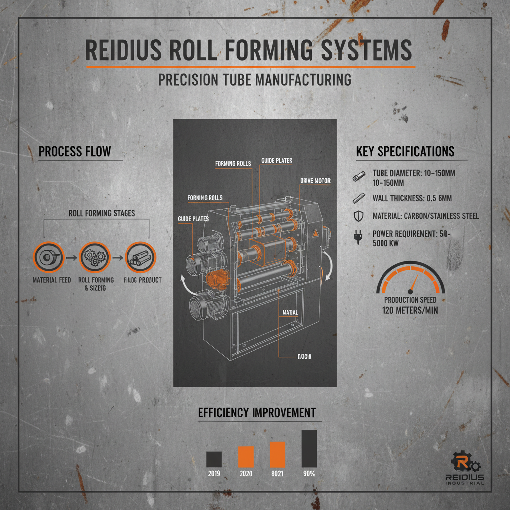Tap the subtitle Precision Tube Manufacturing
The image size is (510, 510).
pos(255,80)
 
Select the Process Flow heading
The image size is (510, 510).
pos(75,151)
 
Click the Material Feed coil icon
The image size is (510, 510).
pos(49,258)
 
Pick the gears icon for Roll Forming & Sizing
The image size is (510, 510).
pos(94,258)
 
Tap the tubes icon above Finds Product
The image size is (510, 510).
pos(140,258)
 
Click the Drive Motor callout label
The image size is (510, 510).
pos(315,180)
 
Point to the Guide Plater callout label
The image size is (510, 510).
pos(277,161)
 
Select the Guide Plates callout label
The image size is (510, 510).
pos(193,219)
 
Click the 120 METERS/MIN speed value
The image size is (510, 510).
pos(410,310)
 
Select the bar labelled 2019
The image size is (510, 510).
pos(214,459)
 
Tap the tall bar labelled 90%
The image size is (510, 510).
pos(309,448)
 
